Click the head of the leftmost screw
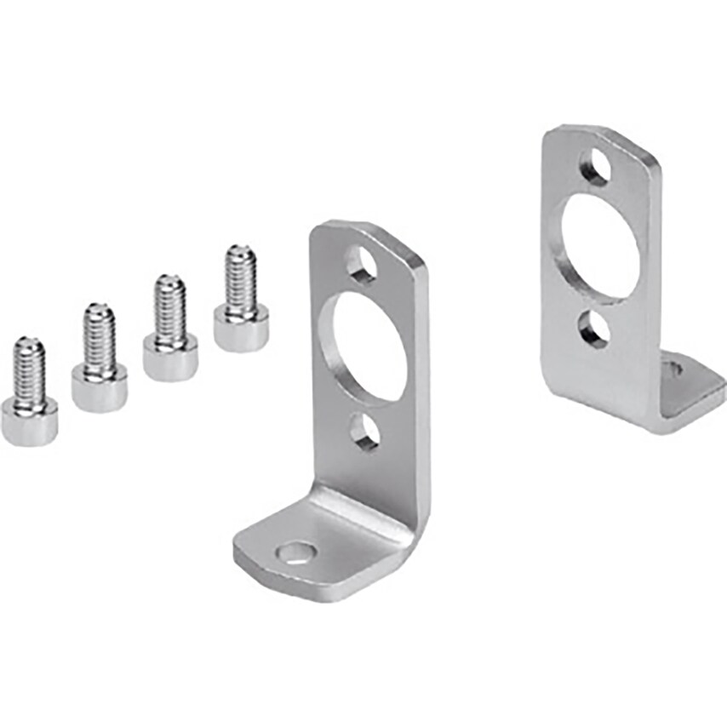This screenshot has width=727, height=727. [x=30, y=421]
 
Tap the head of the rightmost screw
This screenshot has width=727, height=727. [x=241, y=327]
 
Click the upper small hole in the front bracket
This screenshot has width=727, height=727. [x=362, y=263]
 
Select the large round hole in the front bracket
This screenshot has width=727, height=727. [x=369, y=346]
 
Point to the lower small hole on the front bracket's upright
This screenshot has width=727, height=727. [x=365, y=432]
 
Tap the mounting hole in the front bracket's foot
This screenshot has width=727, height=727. [x=295, y=554]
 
